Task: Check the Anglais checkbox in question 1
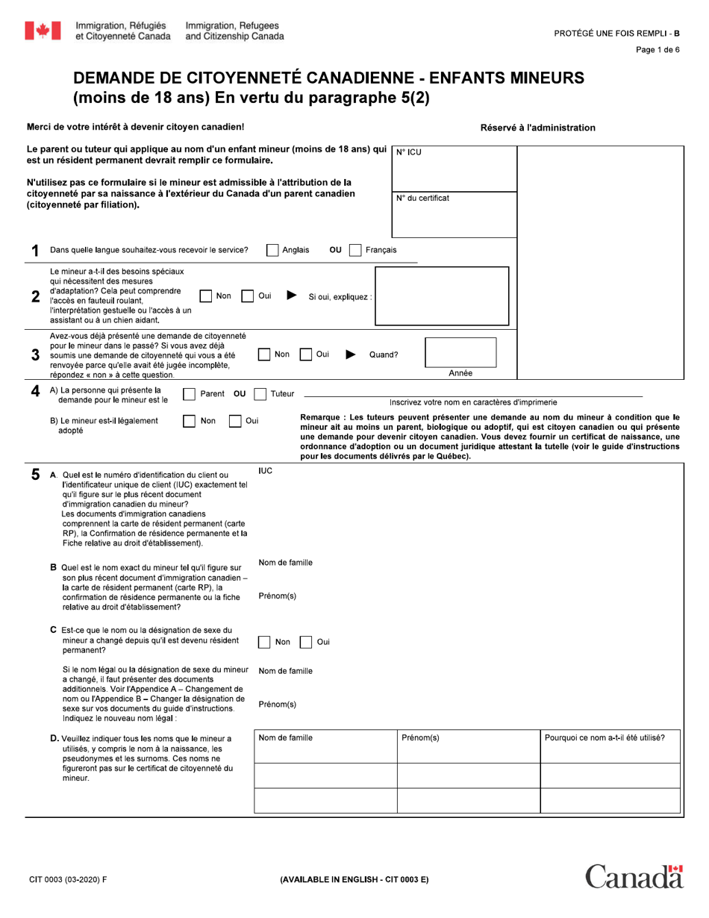tap(273, 250)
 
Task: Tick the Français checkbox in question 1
tap(356, 250)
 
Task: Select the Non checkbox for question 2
tap(207, 296)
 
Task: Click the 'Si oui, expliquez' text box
tap(442, 296)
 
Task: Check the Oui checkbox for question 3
tap(306, 355)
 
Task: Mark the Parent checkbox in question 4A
tap(190, 394)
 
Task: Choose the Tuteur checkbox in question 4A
tap(260, 394)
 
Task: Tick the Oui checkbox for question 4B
tap(235, 421)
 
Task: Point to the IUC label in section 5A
tap(265, 471)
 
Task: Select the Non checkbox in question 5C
tap(265, 642)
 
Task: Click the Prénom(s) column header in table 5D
tap(420, 738)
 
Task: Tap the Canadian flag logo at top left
tap(43, 31)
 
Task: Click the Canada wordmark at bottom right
tap(634, 876)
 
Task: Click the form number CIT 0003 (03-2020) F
tap(68, 879)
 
